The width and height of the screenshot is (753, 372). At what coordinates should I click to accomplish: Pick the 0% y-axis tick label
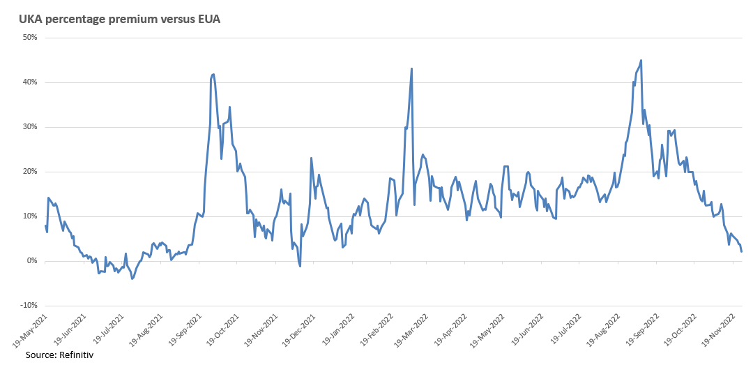pos(31,261)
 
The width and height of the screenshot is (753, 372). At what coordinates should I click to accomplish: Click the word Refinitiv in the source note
pos(75,355)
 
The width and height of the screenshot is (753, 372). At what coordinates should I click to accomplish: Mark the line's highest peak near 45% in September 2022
pos(641,60)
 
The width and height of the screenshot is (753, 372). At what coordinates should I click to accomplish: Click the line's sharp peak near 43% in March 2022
pos(412,68)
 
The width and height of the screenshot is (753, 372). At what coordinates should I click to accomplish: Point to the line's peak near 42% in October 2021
pos(213,74)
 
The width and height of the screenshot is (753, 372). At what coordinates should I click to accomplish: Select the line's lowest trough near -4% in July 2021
pos(132,278)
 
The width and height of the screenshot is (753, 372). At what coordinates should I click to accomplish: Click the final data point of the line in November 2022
pos(741,251)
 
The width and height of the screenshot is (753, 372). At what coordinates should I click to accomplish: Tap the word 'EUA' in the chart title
pos(208,19)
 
